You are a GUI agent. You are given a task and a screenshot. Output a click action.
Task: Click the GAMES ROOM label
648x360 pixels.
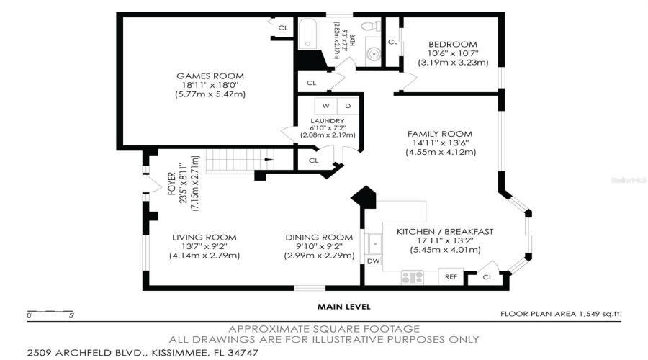point(210,76)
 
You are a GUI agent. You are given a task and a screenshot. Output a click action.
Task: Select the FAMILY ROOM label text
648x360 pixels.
point(439,134)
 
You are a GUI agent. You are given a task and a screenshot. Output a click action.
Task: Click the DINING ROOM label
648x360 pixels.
point(319,238)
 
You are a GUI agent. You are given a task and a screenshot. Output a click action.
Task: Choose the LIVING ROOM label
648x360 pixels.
point(204,238)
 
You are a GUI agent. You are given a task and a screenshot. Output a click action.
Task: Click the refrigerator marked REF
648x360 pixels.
point(451,276)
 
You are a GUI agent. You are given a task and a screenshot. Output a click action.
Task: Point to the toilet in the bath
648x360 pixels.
point(370,27)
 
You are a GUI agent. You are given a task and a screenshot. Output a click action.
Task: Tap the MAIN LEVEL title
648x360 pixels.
point(344,306)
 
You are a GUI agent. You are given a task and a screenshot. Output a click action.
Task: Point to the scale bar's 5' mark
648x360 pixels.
point(71,315)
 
